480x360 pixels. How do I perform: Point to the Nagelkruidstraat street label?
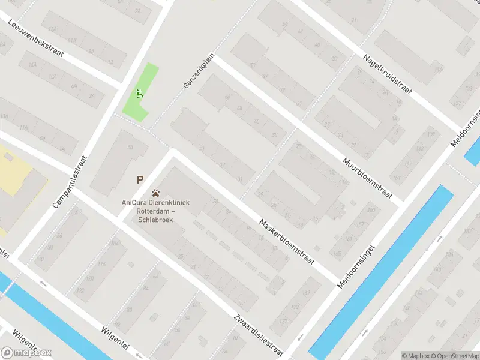(x=388, y=73)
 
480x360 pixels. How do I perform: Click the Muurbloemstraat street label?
(x=367, y=179)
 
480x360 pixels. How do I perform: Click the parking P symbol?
(x=140, y=179)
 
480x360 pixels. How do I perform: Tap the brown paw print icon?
(x=156, y=193)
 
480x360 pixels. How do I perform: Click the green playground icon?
(x=139, y=93)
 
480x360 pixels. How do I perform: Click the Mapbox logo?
(x=26, y=352)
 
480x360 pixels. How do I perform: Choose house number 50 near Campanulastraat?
(x=130, y=147)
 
